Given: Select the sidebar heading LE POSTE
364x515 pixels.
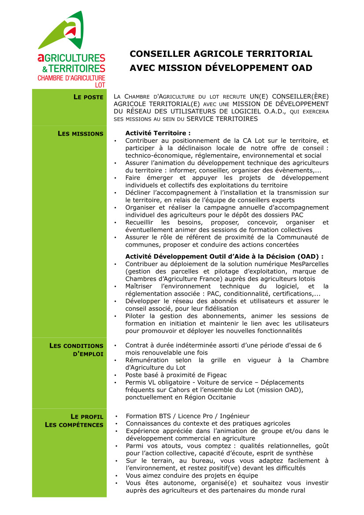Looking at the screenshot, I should pos(88,97).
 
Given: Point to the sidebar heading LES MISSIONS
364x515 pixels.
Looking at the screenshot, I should pos(81,134).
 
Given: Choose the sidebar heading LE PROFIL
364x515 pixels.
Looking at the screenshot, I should pos(87,417).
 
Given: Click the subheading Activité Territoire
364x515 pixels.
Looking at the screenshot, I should pos(158,133).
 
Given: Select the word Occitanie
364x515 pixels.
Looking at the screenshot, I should pos(218,397).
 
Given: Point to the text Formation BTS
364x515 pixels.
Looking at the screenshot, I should pos(147,416).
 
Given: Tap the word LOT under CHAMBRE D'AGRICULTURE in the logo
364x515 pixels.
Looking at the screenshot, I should pos(100,85).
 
